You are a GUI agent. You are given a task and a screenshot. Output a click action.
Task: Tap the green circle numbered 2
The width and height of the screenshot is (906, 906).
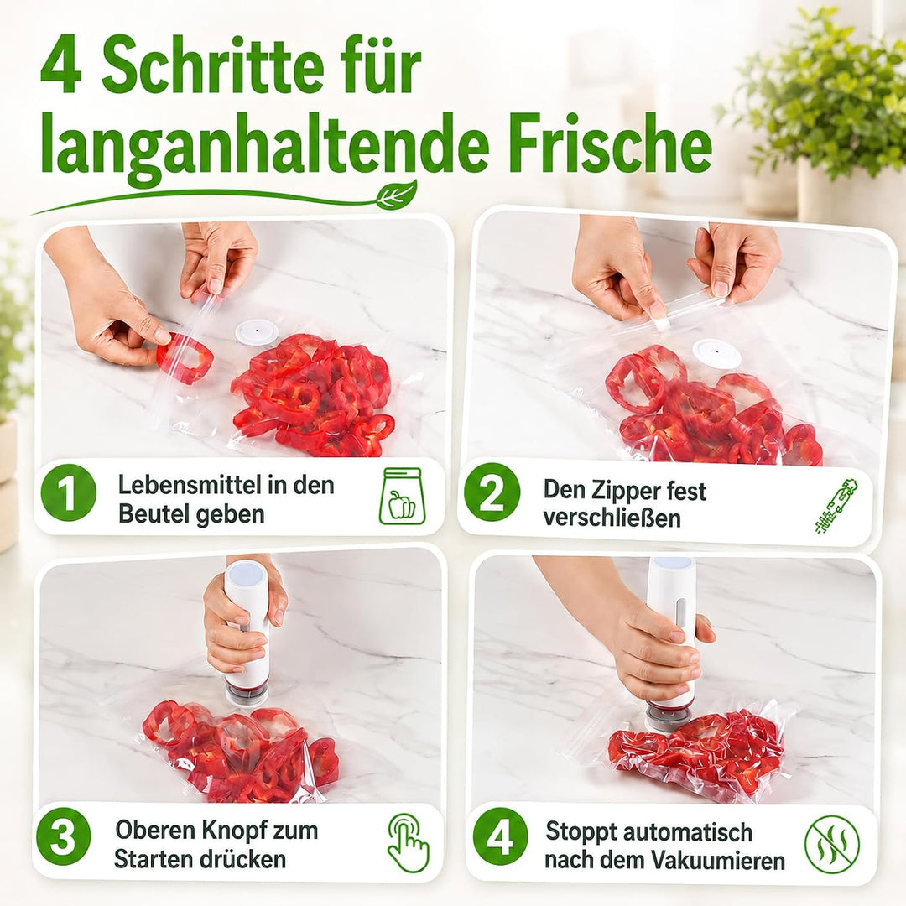(x=492, y=493)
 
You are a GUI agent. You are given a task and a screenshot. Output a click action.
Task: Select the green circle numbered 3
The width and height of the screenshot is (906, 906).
(x=63, y=837)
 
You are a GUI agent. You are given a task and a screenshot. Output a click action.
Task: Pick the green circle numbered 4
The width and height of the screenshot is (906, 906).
(x=500, y=837)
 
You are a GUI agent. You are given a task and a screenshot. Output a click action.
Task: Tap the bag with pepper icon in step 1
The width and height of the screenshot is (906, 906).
(x=400, y=496)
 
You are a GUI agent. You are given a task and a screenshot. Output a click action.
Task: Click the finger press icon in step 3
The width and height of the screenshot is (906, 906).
(x=407, y=841)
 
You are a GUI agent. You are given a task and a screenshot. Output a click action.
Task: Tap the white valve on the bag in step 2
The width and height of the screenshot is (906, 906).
(x=716, y=353)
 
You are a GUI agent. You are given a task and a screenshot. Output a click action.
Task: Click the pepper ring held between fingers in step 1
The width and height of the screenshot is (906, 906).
(x=185, y=358)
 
